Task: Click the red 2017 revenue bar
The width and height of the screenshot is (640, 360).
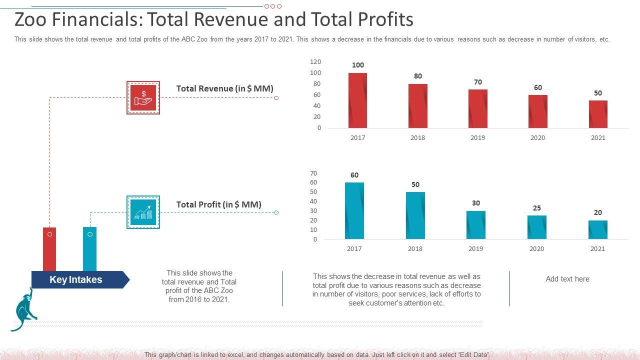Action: coord(357,100)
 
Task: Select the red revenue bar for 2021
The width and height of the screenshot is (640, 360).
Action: coord(598,114)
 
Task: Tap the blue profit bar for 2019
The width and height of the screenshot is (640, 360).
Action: coord(475,225)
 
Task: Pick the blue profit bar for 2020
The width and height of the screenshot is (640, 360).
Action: coord(536,227)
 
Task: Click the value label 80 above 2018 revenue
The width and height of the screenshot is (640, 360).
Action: coord(418,76)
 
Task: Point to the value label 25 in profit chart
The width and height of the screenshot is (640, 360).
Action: coord(536,208)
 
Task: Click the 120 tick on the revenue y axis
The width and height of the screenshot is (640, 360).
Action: coord(315,62)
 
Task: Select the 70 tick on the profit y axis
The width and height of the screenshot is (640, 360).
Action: coord(313,173)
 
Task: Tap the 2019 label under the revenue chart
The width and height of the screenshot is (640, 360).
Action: coord(477,137)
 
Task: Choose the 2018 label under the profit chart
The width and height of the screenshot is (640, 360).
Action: coord(415,248)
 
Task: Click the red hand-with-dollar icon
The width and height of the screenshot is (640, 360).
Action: coord(143,97)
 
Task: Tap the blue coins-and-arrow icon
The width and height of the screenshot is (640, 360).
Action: coord(143,212)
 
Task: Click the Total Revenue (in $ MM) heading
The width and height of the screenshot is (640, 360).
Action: coord(224,88)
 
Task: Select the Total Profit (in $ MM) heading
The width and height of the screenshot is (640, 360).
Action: coord(218,204)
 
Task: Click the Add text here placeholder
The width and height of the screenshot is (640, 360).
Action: coord(567,279)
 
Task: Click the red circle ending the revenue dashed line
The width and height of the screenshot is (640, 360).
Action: coord(276,98)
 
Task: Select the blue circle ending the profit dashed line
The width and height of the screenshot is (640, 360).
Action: coord(276,212)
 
